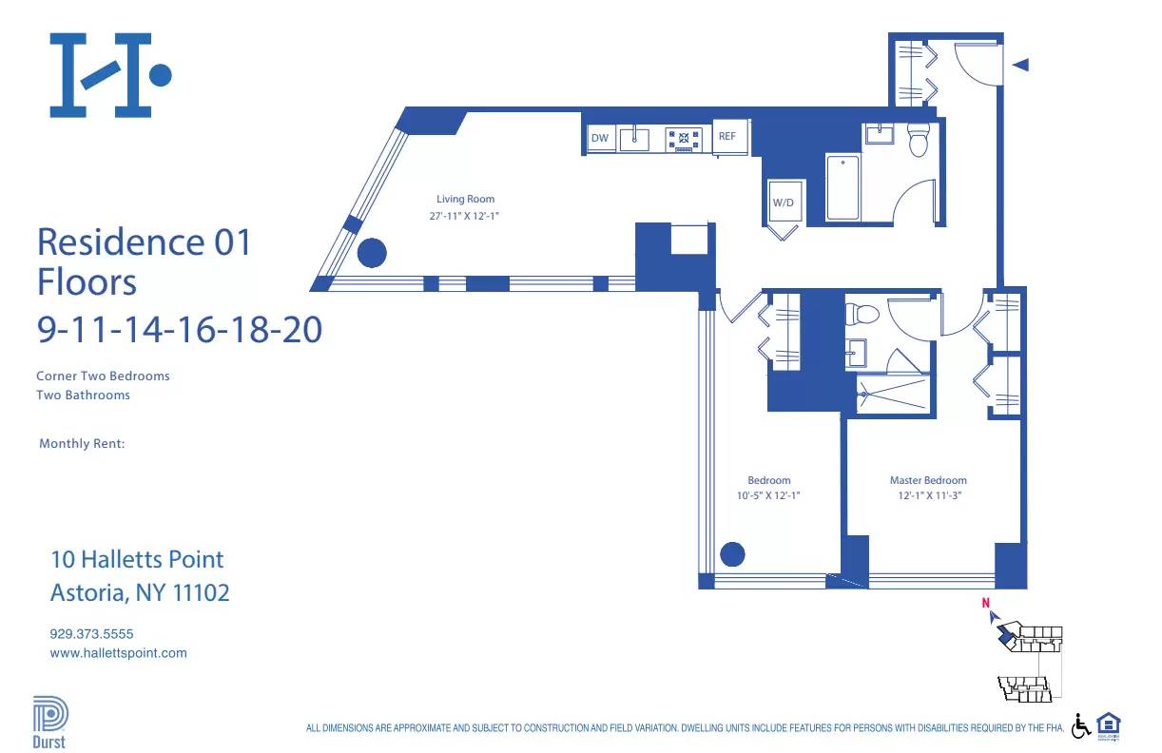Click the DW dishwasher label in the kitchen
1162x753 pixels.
[599, 139]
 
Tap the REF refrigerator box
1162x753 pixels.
[727, 137]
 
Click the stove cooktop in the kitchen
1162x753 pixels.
[684, 140]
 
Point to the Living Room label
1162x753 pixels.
[465, 200]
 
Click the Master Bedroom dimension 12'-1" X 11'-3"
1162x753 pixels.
[928, 495]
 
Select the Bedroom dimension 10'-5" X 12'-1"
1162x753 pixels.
[768, 495]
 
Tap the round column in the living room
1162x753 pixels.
[371, 253]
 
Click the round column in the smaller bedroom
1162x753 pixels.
[732, 553]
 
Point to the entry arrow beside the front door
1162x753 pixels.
[1020, 65]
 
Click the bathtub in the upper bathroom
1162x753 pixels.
[842, 187]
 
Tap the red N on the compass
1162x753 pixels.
[986, 602]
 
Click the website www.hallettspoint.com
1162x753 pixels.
[118, 653]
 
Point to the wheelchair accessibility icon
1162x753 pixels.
[1081, 726]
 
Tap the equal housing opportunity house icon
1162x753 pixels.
[1109, 725]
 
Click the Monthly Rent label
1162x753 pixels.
[82, 444]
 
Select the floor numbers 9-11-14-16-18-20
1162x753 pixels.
[179, 330]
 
